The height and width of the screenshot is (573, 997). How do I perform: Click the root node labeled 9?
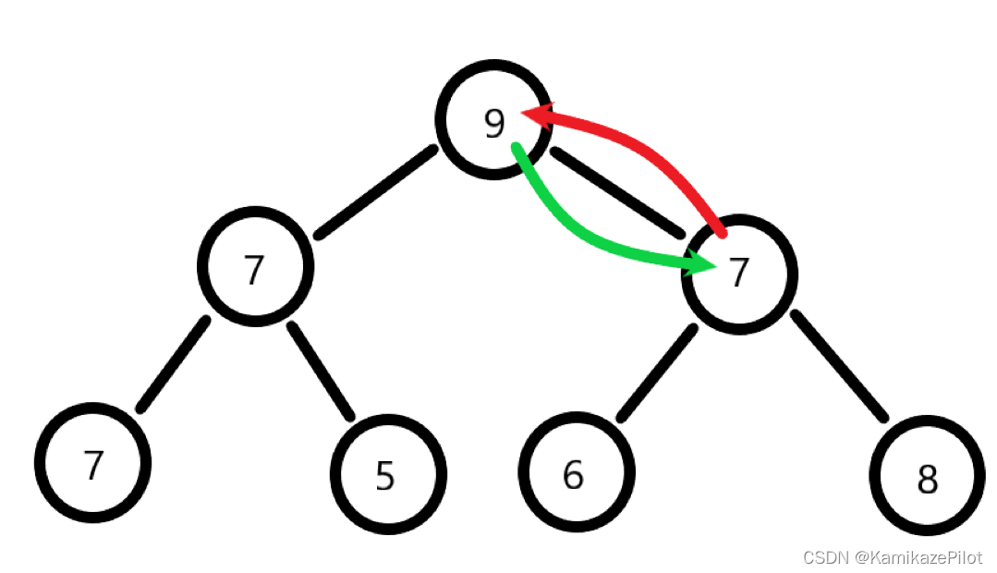click(493, 119)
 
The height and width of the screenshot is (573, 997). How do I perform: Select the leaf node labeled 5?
click(387, 473)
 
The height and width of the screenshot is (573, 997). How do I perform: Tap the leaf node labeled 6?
click(576, 472)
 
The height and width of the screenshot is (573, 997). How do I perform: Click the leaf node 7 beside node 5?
click(91, 463)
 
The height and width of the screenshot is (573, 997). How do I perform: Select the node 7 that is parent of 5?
click(255, 266)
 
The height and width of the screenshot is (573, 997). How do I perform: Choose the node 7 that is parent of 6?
click(738, 274)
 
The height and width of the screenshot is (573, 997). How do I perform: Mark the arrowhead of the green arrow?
click(702, 265)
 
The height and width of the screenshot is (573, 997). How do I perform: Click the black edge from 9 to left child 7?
click(374, 192)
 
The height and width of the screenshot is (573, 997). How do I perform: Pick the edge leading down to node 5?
click(321, 370)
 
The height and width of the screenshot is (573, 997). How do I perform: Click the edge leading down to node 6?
click(656, 373)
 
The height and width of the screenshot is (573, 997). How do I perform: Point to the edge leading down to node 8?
click(839, 366)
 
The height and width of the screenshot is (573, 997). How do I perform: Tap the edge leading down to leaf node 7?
click(174, 364)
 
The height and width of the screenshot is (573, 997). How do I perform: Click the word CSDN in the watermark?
click(824, 557)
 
